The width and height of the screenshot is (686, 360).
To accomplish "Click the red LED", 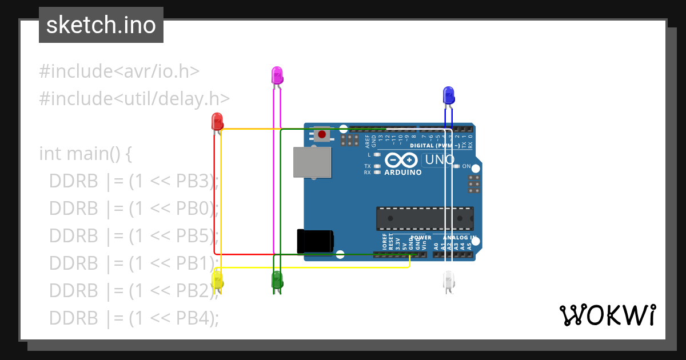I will (x=217, y=121).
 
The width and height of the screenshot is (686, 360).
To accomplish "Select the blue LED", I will (x=449, y=95).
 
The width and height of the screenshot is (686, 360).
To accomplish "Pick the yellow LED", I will (x=217, y=280).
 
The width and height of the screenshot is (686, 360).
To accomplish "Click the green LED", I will (x=277, y=280).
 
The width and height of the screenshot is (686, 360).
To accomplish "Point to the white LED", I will (x=449, y=280).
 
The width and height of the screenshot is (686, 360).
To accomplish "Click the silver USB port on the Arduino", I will (x=312, y=162).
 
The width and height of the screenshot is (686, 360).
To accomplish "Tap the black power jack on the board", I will (x=314, y=241).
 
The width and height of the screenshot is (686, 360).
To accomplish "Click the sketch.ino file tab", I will (x=101, y=25).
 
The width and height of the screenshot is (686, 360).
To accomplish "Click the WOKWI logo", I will (x=607, y=315).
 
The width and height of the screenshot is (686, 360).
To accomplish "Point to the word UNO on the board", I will (x=439, y=159).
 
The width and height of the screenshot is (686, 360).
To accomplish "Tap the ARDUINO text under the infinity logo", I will (x=403, y=172).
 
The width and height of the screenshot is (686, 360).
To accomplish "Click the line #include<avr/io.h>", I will (x=119, y=71).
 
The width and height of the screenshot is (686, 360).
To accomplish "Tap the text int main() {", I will (x=86, y=154).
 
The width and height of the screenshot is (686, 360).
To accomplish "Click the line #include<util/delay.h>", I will (x=134, y=99).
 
